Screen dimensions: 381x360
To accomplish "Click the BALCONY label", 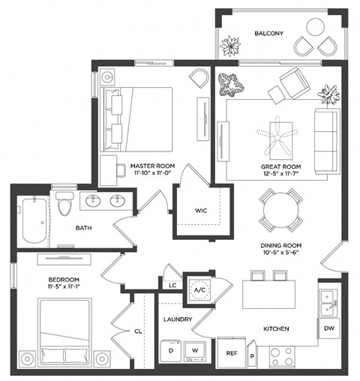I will click(x=268, y=34).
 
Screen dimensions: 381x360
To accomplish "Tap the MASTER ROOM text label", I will click(x=147, y=166).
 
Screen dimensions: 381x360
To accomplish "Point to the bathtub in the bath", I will click(x=33, y=219).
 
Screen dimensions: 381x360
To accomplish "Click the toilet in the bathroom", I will click(x=64, y=204).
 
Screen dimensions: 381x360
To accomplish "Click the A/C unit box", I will click(x=200, y=289).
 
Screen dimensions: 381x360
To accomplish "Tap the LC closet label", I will click(x=172, y=286).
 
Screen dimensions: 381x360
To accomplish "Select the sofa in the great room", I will click(x=327, y=140).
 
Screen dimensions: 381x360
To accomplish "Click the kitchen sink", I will click(x=327, y=301).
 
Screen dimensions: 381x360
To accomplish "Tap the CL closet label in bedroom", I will click(x=139, y=329).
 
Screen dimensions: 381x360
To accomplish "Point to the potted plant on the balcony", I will click(x=230, y=47).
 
